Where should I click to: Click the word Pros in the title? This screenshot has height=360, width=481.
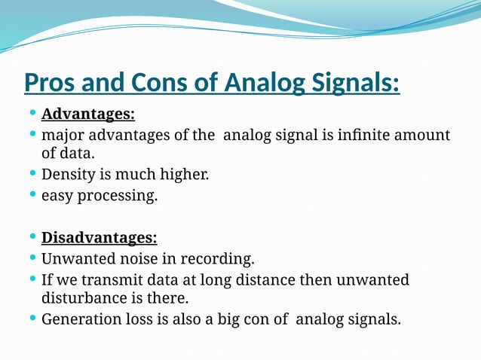click(x=49, y=82)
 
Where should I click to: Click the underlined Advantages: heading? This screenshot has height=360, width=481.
click(x=88, y=114)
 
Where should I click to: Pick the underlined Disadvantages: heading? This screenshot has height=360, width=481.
click(x=99, y=238)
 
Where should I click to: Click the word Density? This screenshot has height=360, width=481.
click(x=68, y=175)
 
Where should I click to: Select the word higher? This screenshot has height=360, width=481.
click(x=182, y=175)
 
